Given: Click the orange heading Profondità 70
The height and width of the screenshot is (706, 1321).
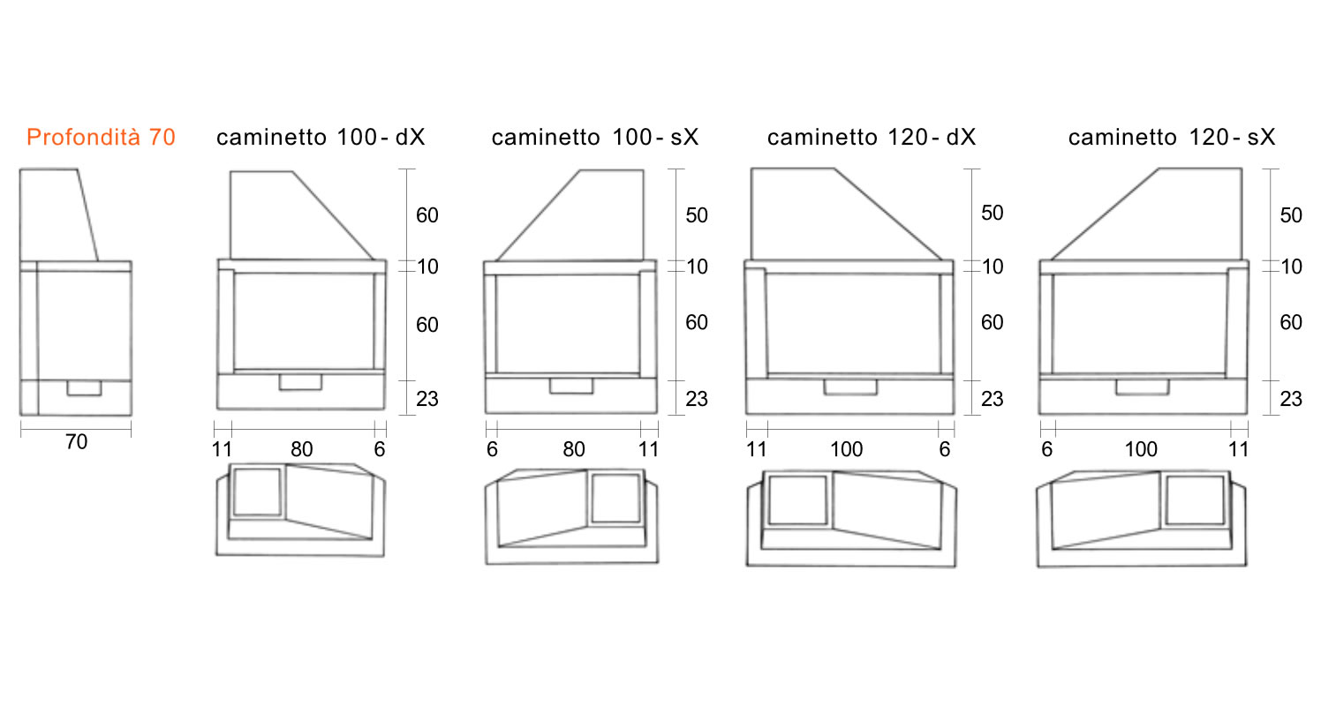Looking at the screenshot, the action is [x=101, y=138].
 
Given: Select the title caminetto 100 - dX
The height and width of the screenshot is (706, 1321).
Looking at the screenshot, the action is [x=321, y=138].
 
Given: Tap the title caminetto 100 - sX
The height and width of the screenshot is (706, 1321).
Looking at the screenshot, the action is [x=595, y=138].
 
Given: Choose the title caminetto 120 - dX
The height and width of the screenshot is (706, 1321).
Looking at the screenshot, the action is [x=871, y=138].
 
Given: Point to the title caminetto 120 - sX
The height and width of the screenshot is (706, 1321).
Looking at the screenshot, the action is [x=1172, y=138].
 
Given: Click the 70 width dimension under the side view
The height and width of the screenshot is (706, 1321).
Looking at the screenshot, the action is [x=76, y=442].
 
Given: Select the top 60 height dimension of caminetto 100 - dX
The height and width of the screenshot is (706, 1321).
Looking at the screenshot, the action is [x=427, y=215].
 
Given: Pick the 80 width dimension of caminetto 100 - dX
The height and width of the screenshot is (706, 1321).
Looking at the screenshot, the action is [x=301, y=450].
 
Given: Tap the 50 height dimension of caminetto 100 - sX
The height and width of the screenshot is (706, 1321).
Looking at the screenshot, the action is [x=697, y=215].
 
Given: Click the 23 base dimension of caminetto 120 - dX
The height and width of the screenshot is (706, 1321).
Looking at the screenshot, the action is [x=992, y=399].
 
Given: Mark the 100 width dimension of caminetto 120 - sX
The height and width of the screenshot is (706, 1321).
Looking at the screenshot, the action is [x=1141, y=450].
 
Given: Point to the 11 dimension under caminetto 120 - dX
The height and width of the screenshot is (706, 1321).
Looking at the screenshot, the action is [x=756, y=450].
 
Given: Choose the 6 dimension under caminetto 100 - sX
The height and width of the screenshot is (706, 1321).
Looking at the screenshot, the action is [x=492, y=450].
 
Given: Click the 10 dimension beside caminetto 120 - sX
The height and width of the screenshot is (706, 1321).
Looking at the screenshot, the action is [x=1291, y=267].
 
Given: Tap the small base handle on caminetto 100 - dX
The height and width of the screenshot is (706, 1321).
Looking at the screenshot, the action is [x=300, y=382].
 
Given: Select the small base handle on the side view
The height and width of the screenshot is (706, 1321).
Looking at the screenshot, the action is [x=85, y=387].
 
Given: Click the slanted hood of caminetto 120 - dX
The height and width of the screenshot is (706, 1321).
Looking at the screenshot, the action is [x=846, y=214].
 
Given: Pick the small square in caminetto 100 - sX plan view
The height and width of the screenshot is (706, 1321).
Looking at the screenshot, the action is [x=615, y=498].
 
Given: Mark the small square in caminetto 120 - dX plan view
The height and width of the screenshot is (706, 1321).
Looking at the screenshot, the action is [x=798, y=500].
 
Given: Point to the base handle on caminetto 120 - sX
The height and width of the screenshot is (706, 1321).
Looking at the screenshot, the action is [x=1142, y=387].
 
